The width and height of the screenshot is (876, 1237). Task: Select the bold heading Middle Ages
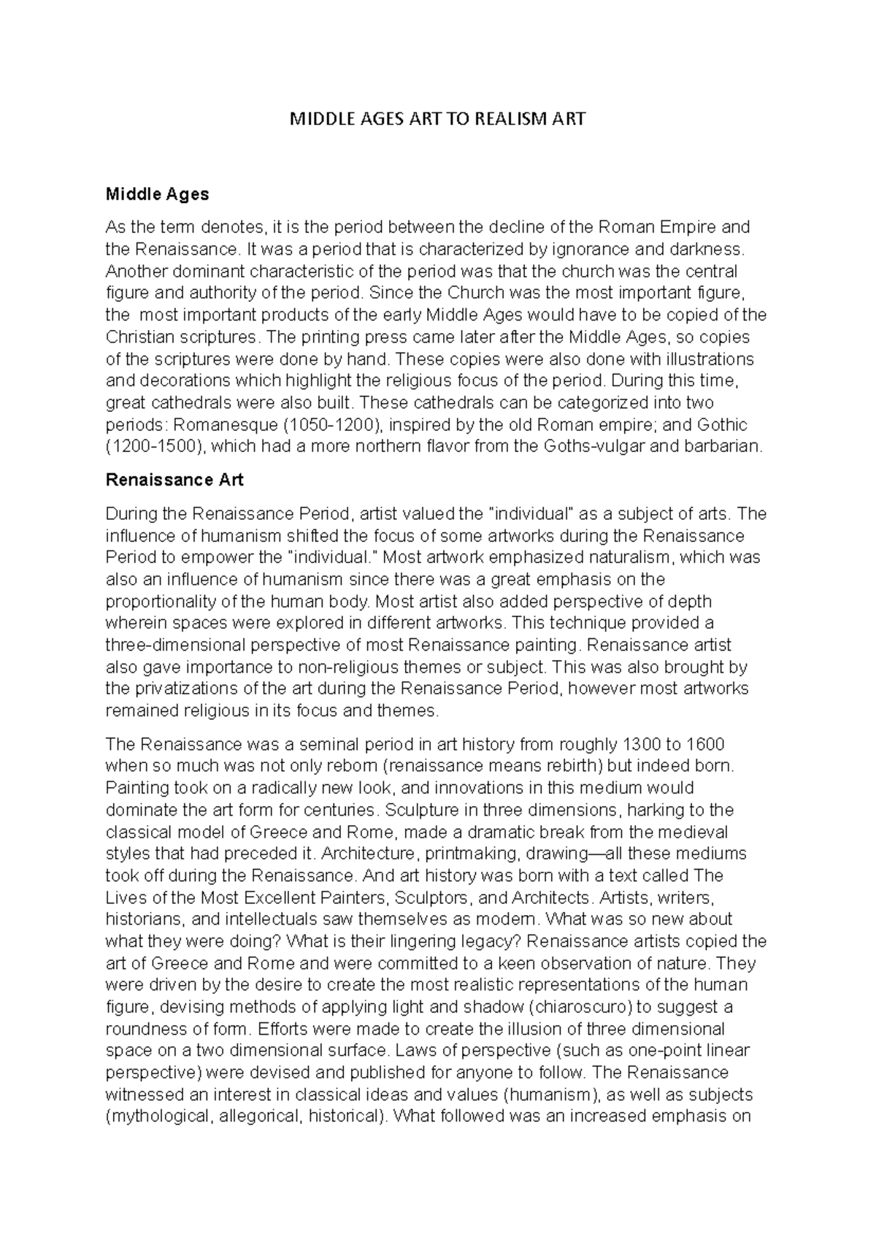157,194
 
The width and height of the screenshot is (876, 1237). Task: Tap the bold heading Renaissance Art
174,480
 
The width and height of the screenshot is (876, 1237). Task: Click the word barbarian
722,447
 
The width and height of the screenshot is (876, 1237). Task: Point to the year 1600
705,745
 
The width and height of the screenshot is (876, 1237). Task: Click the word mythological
161,1117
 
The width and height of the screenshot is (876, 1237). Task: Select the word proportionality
162,602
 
